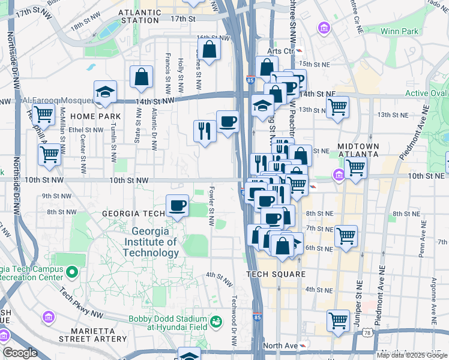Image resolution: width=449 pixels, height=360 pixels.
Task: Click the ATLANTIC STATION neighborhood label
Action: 140,16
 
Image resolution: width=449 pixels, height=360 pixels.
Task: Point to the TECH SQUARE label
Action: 276,274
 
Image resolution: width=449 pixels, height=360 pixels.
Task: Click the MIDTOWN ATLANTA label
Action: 358,150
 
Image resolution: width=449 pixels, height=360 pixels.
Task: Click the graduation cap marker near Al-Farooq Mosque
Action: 105,91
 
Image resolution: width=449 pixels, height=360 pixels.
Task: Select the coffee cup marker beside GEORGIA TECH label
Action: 177,206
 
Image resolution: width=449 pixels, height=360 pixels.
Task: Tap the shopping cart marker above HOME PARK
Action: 43,113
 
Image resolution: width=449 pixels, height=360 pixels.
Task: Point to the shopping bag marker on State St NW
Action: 141,77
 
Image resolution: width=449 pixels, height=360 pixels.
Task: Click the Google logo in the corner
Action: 20,352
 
